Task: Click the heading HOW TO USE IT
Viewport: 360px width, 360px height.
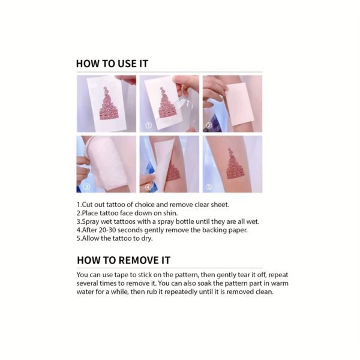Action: point(112,64)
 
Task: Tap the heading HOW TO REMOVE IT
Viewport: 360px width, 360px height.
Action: point(124,260)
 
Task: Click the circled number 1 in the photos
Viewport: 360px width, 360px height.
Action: point(149,125)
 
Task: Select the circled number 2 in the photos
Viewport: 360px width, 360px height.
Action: point(209,125)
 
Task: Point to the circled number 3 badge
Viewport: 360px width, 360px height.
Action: point(86,187)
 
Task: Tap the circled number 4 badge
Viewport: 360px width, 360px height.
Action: point(148,187)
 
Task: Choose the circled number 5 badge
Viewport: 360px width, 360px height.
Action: point(209,187)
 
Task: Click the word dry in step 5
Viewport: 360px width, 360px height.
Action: point(147,239)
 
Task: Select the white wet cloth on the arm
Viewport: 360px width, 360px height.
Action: point(107,163)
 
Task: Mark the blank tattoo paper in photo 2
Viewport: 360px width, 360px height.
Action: point(239,104)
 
